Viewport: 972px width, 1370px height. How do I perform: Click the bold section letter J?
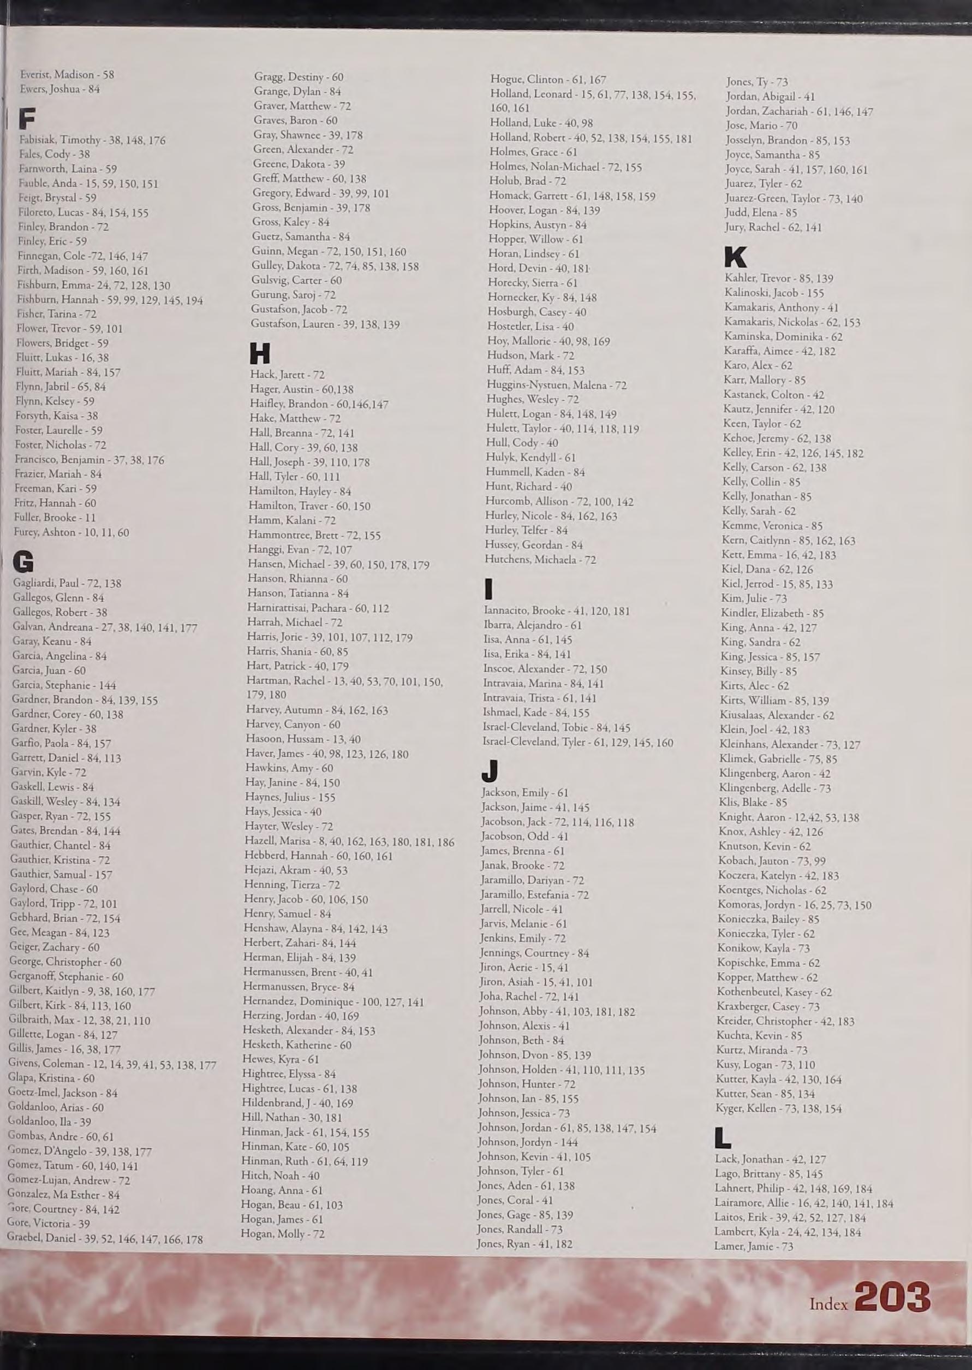[x=490, y=771]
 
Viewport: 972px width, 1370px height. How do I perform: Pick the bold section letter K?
[x=736, y=258]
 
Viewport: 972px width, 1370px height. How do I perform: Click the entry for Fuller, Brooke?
[x=55, y=517]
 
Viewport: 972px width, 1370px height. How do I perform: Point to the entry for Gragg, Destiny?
[x=299, y=77]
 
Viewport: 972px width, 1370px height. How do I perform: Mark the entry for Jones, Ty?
[x=756, y=82]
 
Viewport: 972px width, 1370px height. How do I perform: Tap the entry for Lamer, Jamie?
[x=754, y=1247]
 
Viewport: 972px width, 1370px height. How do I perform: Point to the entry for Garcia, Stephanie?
[x=64, y=685]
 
